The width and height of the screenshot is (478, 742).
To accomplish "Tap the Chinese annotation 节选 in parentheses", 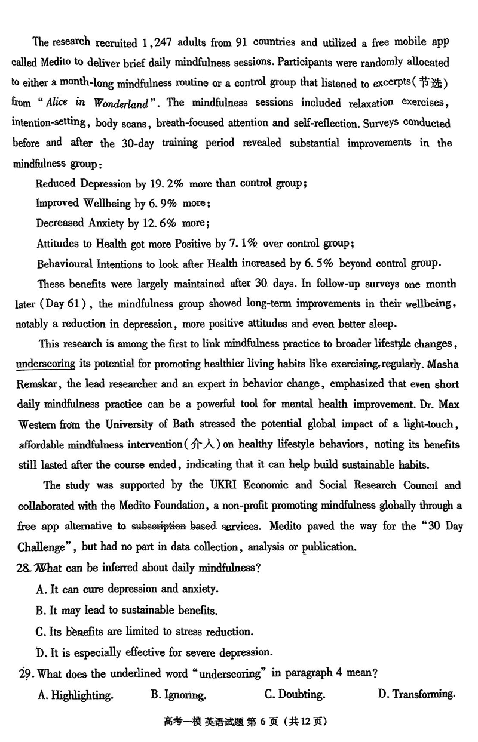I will tap(431, 82).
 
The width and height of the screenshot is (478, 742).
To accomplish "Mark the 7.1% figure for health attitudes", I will tap(243, 244).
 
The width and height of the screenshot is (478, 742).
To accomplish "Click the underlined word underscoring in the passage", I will tap(45, 363).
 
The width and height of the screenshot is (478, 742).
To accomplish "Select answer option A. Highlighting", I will tap(75, 695).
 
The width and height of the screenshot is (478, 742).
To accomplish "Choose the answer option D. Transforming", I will tap(416, 694).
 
